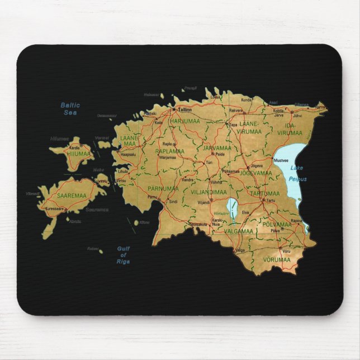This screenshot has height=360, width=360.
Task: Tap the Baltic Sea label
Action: pyautogui.click(x=70, y=108)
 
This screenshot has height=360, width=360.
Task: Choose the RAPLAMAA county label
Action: pyautogui.click(x=170, y=151)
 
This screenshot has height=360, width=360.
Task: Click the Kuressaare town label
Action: pyautogui.click(x=56, y=208)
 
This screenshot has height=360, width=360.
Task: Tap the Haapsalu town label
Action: pyautogui.click(x=128, y=154)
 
